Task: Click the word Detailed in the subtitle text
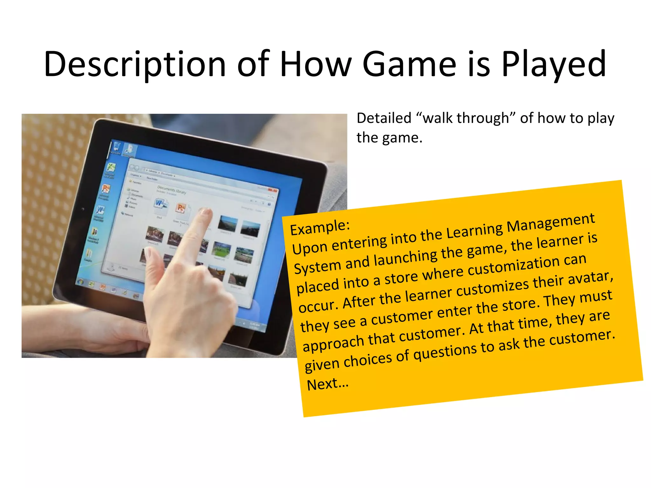click(x=384, y=118)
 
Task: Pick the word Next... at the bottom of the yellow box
click(x=327, y=384)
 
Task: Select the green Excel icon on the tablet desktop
click(x=110, y=167)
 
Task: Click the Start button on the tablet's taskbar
click(x=81, y=281)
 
